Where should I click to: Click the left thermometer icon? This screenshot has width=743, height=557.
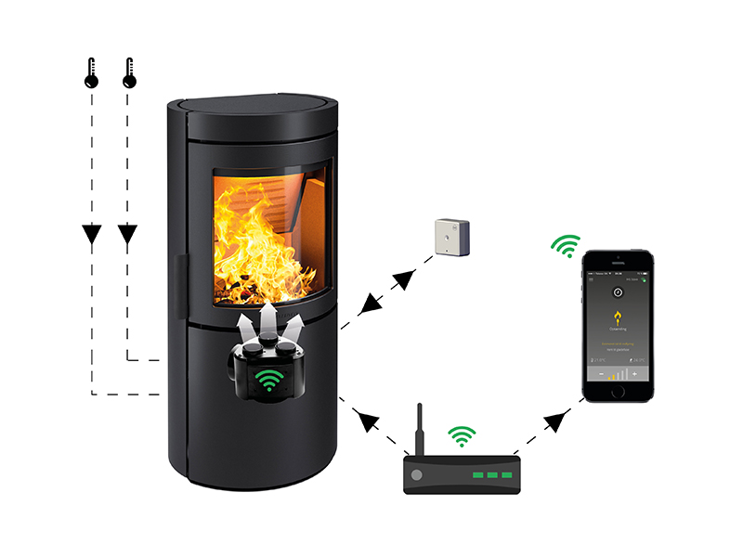click(x=90, y=74)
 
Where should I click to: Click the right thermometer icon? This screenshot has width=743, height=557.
click(x=129, y=74)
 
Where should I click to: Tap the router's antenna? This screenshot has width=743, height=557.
click(x=419, y=428)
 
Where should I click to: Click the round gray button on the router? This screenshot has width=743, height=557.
click(x=416, y=473)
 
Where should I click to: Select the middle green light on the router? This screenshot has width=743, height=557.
click(x=490, y=475)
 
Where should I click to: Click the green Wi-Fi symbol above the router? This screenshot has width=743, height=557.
click(x=462, y=435)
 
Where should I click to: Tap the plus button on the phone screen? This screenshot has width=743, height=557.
click(x=634, y=374)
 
